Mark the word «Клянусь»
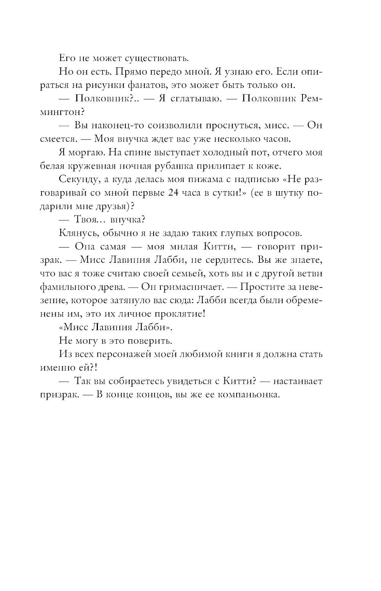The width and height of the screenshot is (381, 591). point(77,233)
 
